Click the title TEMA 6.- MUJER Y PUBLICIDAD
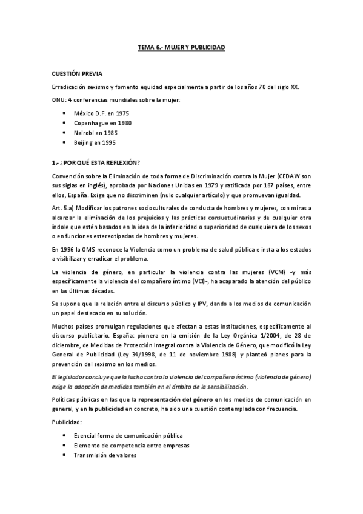[181, 47]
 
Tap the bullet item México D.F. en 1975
[101, 113]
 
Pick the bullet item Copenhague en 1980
[102, 123]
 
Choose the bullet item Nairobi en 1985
[96, 133]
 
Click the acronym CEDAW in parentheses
[278, 176]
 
